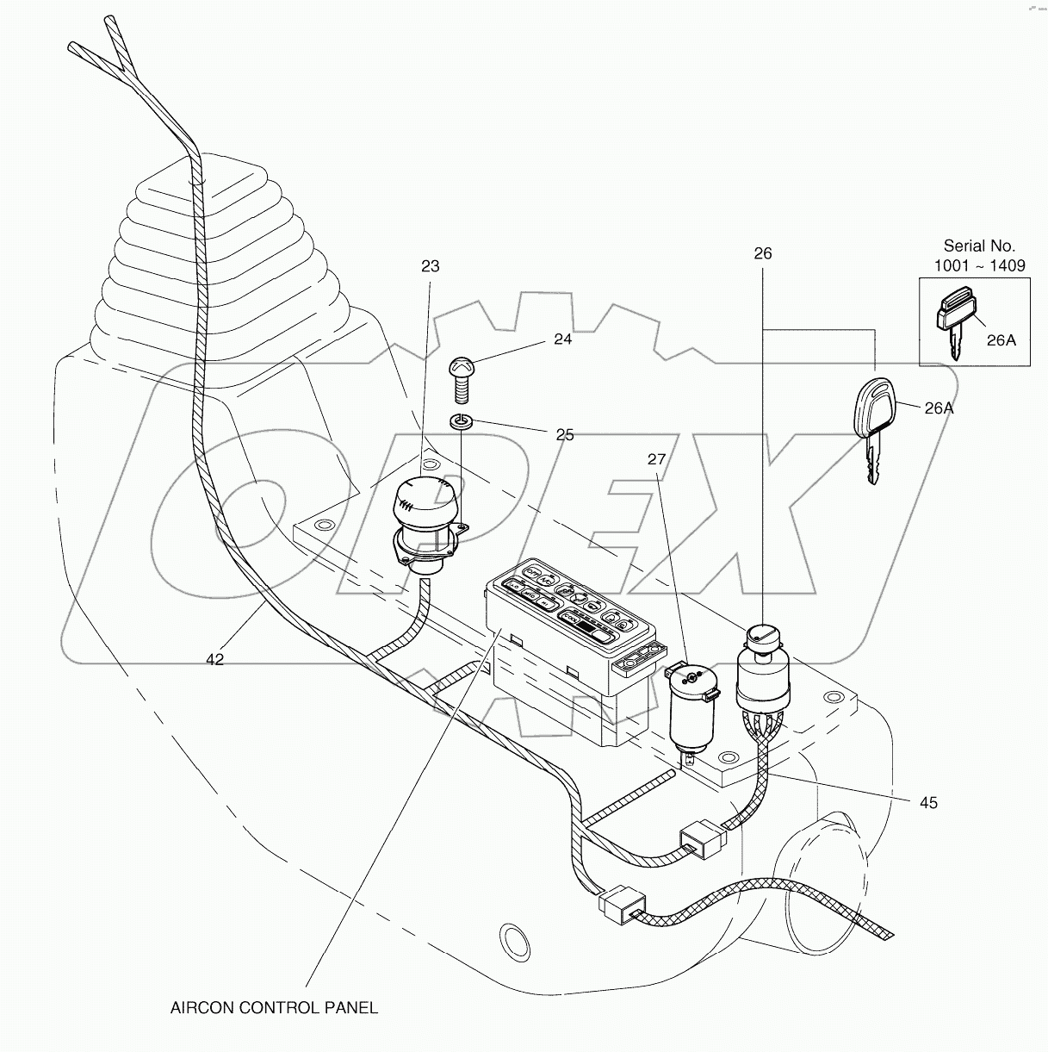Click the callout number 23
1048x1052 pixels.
(430, 266)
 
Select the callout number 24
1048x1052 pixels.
(562, 339)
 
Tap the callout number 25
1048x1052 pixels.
(564, 435)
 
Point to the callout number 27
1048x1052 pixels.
(656, 460)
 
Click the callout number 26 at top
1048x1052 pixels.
(763, 253)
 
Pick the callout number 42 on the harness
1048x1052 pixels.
(214, 659)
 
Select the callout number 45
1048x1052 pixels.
(927, 803)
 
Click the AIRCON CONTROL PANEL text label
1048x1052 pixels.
(274, 1007)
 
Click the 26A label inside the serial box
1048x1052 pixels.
(1001, 339)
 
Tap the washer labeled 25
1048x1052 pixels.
(462, 422)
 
